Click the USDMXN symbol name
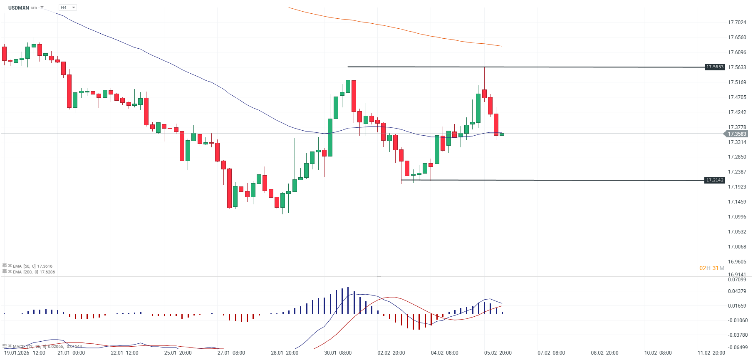tap(18, 7)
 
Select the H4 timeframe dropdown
tap(67, 7)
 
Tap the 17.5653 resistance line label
tap(715, 67)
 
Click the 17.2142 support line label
tap(715, 180)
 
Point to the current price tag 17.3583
tap(737, 134)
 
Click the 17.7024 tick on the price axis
tap(737, 22)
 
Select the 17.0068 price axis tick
tap(737, 247)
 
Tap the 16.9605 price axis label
tap(737, 262)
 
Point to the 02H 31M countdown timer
tap(711, 268)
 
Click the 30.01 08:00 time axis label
tap(338, 353)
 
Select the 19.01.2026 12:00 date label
tap(25, 353)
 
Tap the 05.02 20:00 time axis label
tap(498, 353)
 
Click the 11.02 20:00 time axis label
tap(711, 353)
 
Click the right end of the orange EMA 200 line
tap(502, 46)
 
